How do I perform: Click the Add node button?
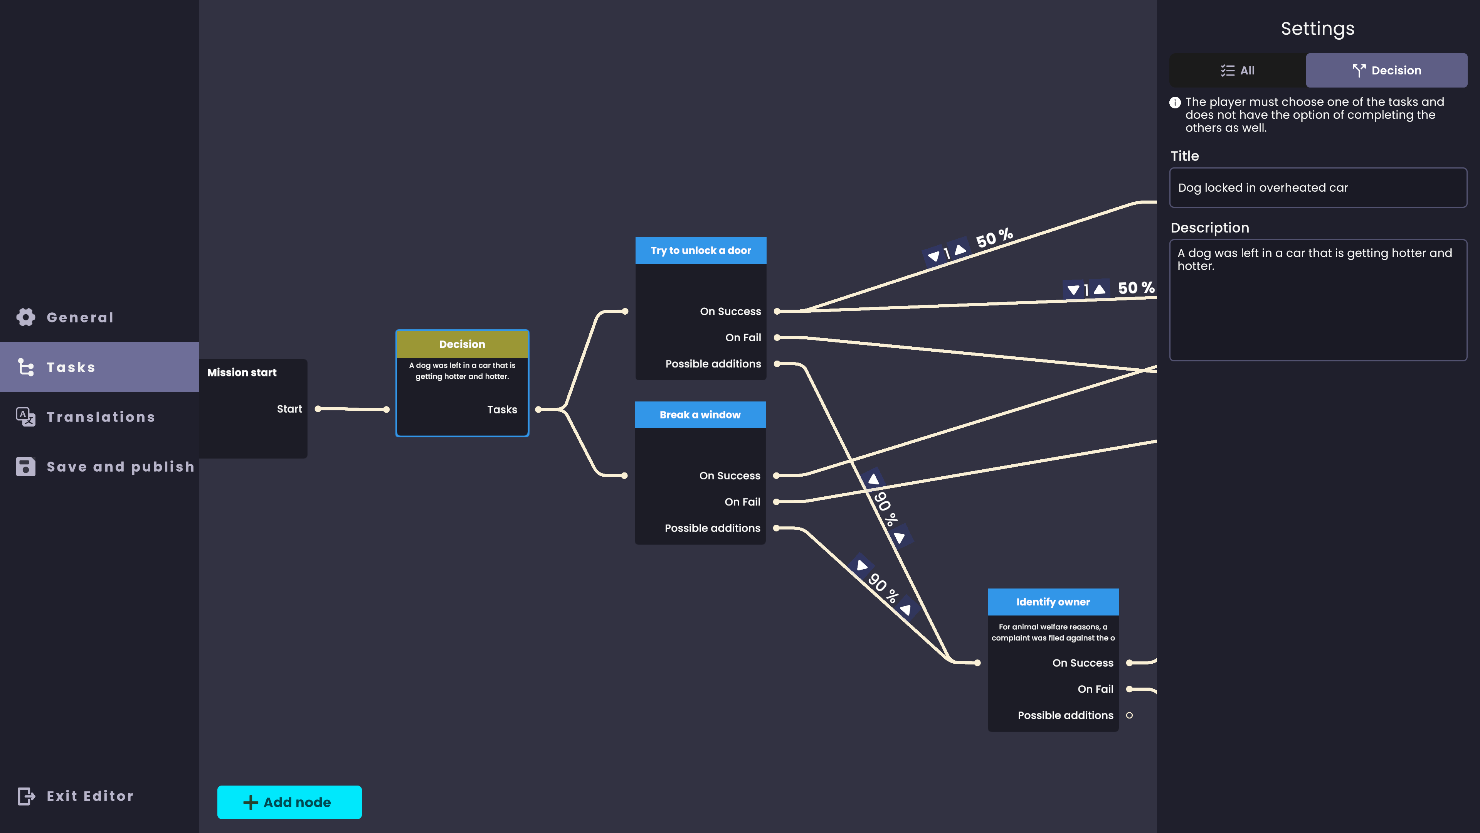289,802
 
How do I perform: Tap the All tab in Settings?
1238,70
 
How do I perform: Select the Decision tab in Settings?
1386,70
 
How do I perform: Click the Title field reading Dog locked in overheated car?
1318,187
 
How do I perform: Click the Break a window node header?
700,415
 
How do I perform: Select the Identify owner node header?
1053,602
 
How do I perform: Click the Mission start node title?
242,373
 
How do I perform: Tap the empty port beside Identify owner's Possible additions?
1130,715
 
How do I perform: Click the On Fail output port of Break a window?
776,502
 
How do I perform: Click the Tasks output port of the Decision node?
538,409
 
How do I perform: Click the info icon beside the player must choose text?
1175,102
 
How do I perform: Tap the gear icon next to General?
26,317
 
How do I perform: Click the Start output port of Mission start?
318,409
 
